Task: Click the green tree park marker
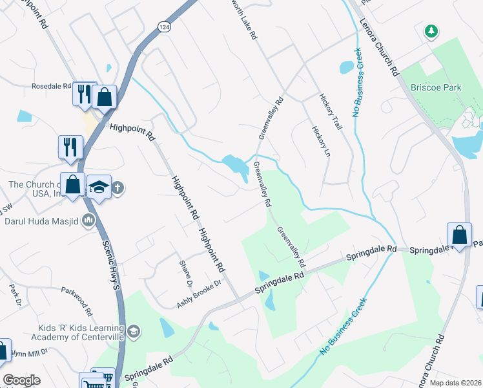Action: tap(431, 30)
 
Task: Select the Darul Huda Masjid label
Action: tap(41, 221)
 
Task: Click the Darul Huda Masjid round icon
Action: tap(88, 221)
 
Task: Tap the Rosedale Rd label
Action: tap(51, 85)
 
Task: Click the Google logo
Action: tap(21, 380)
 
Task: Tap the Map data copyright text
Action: tap(456, 383)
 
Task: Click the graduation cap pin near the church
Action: tap(98, 188)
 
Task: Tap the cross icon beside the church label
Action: tap(118, 189)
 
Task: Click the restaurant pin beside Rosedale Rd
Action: tap(84, 94)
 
